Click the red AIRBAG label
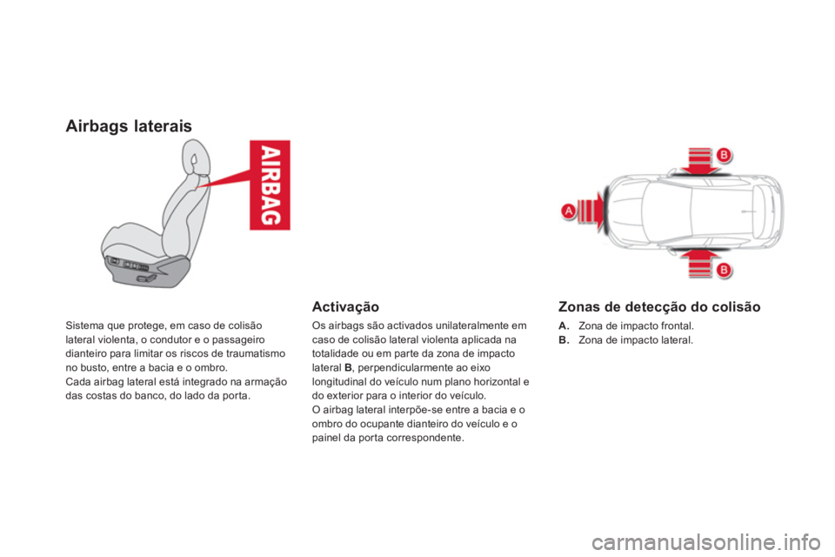[270, 184]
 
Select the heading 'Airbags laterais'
[130, 126]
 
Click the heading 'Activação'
[344, 306]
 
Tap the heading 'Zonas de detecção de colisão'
[659, 306]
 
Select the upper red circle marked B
[723, 155]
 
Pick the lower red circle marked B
[723, 270]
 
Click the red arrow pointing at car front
[590, 211]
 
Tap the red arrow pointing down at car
[700, 160]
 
